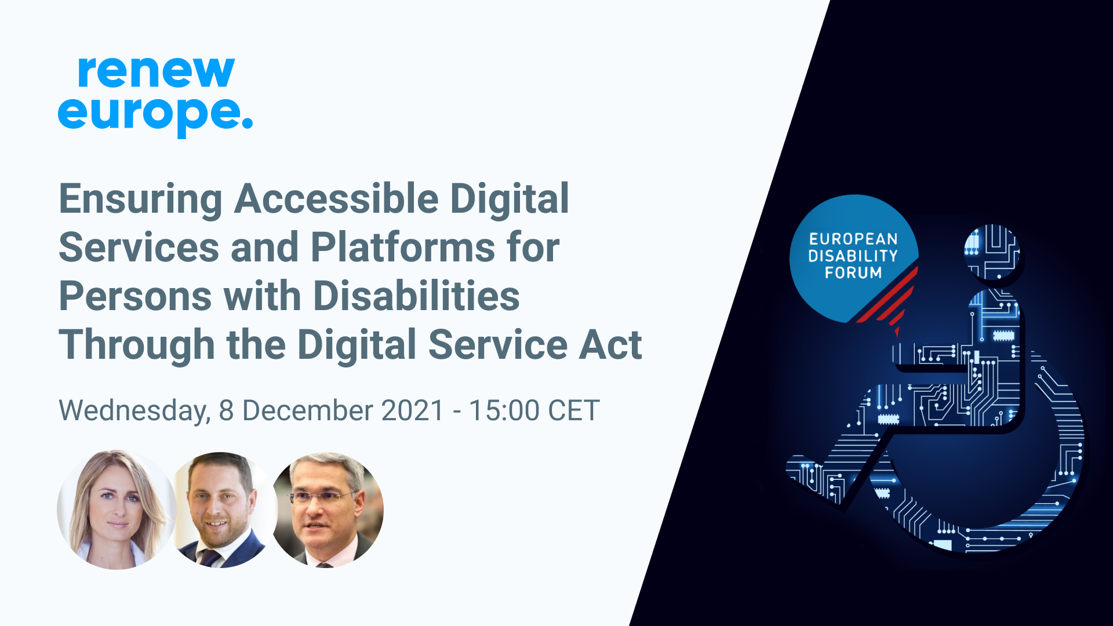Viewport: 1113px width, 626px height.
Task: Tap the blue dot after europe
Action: [247, 123]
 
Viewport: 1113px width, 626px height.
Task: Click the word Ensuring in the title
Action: [140, 199]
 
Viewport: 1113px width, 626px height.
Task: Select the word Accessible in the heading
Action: [336, 199]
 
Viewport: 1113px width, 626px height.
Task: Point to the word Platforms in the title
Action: [402, 248]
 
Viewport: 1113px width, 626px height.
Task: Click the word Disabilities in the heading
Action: [416, 296]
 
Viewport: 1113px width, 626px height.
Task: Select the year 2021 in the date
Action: [413, 411]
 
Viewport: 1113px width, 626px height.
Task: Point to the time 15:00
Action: [504, 411]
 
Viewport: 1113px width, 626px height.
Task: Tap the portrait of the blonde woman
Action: [117, 509]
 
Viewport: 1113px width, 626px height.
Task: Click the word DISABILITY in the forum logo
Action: [853, 256]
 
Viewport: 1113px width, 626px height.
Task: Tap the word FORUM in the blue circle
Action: [853, 272]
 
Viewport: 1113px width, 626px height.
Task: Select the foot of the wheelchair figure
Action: [812, 472]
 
